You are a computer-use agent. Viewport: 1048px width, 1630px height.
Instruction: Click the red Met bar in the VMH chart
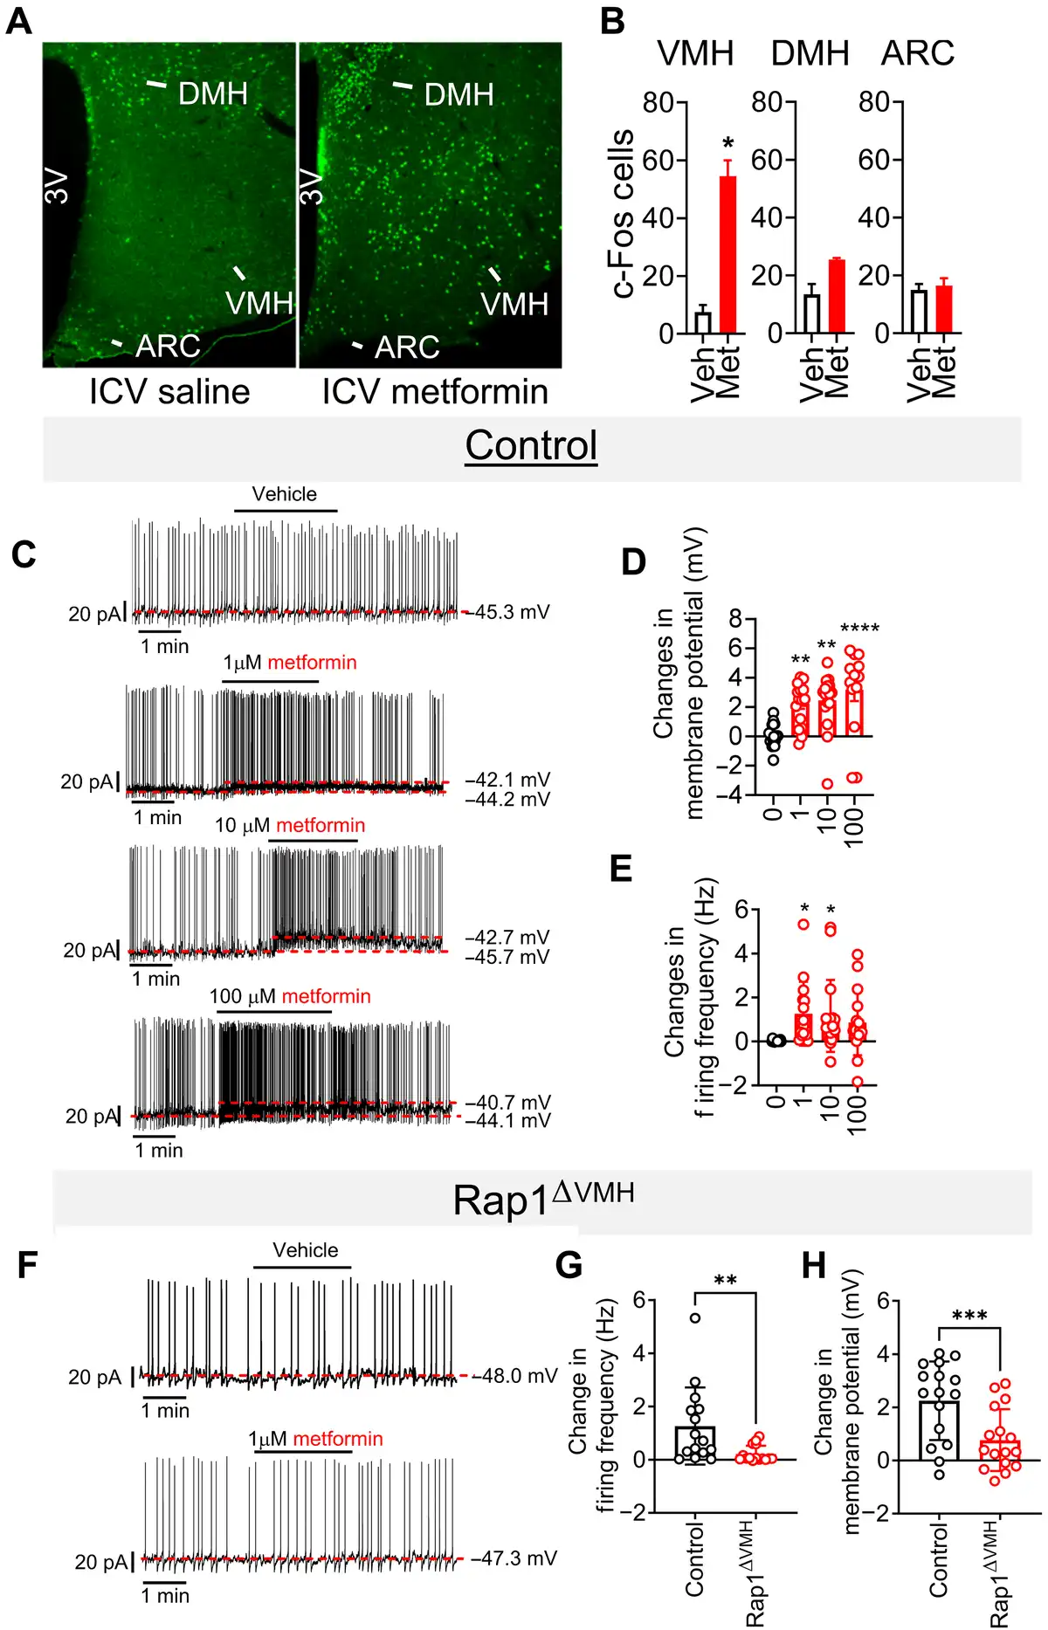click(727, 255)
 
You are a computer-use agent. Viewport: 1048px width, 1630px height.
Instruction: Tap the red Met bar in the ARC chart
click(943, 309)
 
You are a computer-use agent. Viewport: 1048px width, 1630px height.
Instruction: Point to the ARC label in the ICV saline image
click(168, 347)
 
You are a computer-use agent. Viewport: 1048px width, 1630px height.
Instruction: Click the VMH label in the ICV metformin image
click(514, 305)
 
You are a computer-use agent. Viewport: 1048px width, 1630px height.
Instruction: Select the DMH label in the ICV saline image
click(213, 93)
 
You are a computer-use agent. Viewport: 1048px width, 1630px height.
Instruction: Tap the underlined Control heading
click(531, 445)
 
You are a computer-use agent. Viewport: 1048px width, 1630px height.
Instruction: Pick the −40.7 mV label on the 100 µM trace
click(508, 1102)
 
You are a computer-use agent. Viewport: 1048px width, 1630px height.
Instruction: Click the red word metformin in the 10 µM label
click(321, 825)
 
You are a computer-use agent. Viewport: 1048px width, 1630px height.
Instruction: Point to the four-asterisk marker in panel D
click(859, 629)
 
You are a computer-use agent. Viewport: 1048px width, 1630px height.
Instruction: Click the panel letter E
click(621, 870)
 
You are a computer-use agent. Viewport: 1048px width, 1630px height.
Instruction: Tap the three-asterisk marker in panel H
click(969, 1315)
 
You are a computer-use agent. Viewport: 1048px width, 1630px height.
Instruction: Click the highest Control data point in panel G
click(695, 1318)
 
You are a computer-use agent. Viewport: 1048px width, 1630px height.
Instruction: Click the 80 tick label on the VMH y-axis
click(658, 103)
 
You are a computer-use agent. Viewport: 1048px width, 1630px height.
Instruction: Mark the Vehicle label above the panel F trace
click(305, 1250)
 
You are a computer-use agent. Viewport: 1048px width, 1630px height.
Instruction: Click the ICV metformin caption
click(435, 392)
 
